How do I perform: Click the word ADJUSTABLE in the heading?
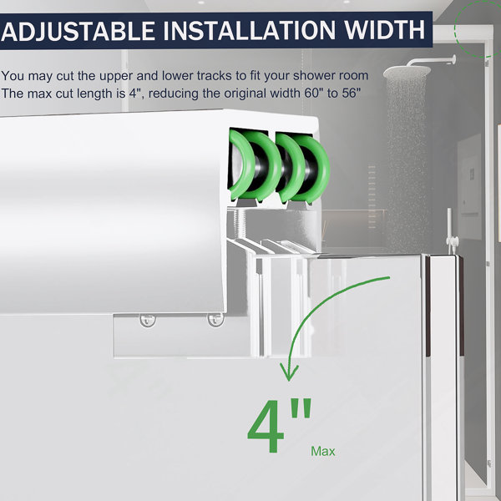(x=78, y=31)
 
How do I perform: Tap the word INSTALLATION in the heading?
(x=250, y=30)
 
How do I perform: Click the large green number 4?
(x=266, y=426)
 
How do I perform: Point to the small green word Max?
(x=322, y=451)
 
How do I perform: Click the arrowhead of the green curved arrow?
(x=289, y=372)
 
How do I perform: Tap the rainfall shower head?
(x=407, y=72)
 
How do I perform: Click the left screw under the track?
(x=148, y=321)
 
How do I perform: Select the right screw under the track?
(x=215, y=320)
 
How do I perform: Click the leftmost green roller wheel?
(x=242, y=164)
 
